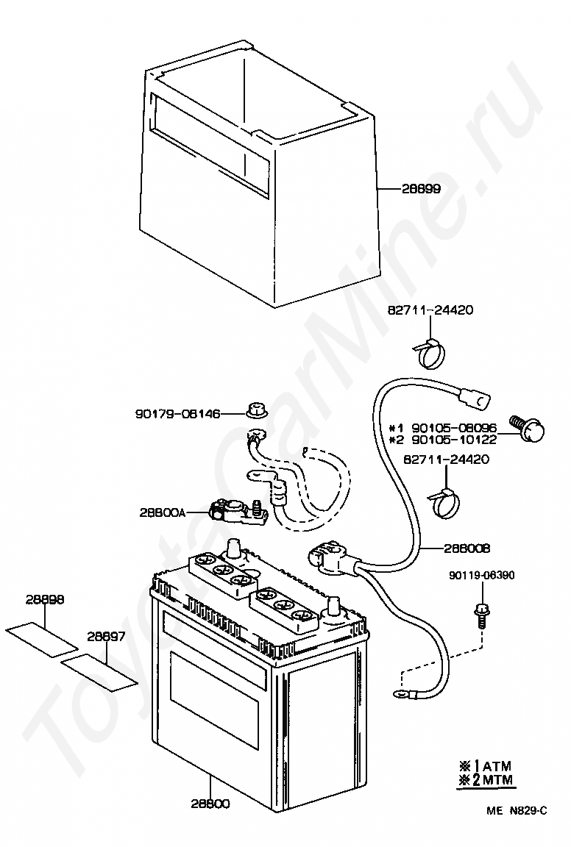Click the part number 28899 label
tap(421, 189)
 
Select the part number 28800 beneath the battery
tap(210, 804)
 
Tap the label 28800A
tap(162, 512)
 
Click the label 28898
tap(45, 600)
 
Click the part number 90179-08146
tap(177, 414)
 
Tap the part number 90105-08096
tap(454, 428)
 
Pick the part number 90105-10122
tap(454, 440)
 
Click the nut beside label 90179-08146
tap(255, 409)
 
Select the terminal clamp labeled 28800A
tap(231, 510)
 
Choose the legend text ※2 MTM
tap(486, 780)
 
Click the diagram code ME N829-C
tap(517, 811)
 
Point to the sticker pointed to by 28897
tap(99, 673)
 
